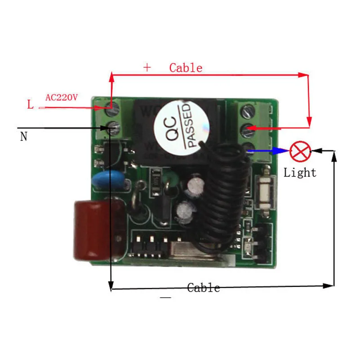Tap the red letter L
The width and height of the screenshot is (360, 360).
pyautogui.click(x=30, y=105)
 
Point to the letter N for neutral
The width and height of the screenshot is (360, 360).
pyautogui.click(x=24, y=136)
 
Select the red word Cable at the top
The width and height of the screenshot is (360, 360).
pyautogui.click(x=186, y=68)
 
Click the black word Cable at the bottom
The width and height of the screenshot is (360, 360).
pyautogui.click(x=204, y=288)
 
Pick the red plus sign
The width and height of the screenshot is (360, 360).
pyautogui.click(x=147, y=68)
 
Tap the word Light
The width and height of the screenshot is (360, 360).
pyautogui.click(x=300, y=172)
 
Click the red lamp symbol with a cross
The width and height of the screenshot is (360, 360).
pyautogui.click(x=299, y=152)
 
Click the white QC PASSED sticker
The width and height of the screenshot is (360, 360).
pyautogui.click(x=179, y=124)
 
